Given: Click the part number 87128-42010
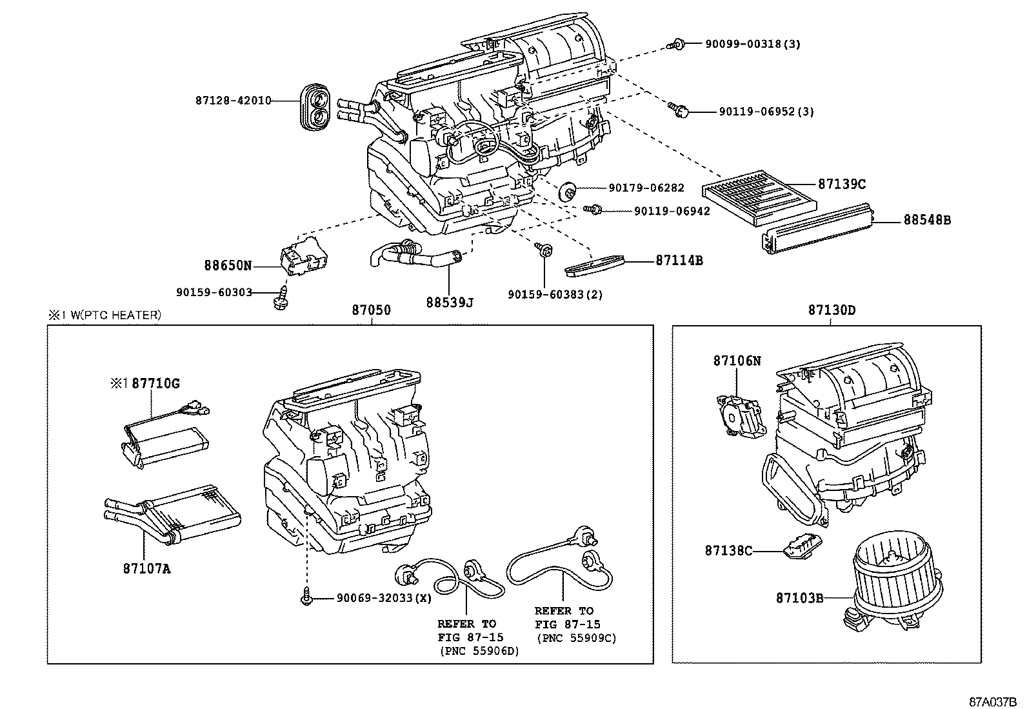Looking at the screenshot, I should pyautogui.click(x=233, y=101).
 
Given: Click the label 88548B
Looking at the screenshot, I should pyautogui.click(x=926, y=220).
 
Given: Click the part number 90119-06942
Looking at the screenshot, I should pyautogui.click(x=672, y=211).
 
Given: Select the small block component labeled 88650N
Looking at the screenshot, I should pyautogui.click(x=302, y=259).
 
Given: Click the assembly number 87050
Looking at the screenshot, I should pyautogui.click(x=371, y=310).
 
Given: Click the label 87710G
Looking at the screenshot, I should pyautogui.click(x=155, y=384).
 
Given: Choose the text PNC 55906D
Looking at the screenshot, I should pyautogui.click(x=479, y=651).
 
